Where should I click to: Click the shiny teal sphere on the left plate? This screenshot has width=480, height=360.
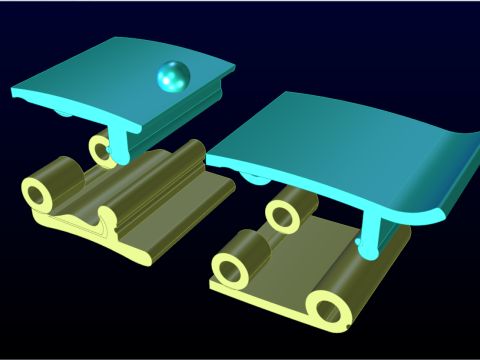pyautogui.click(x=172, y=76)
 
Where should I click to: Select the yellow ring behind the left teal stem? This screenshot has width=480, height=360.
pyautogui.click(x=102, y=151)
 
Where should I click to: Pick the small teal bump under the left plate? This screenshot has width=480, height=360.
pyautogui.click(x=65, y=113)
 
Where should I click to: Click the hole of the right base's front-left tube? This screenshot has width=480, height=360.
pyautogui.click(x=232, y=267)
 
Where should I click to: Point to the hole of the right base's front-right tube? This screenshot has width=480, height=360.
pyautogui.click(x=329, y=310)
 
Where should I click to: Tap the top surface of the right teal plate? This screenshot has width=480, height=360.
pyautogui.click(x=330, y=140)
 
